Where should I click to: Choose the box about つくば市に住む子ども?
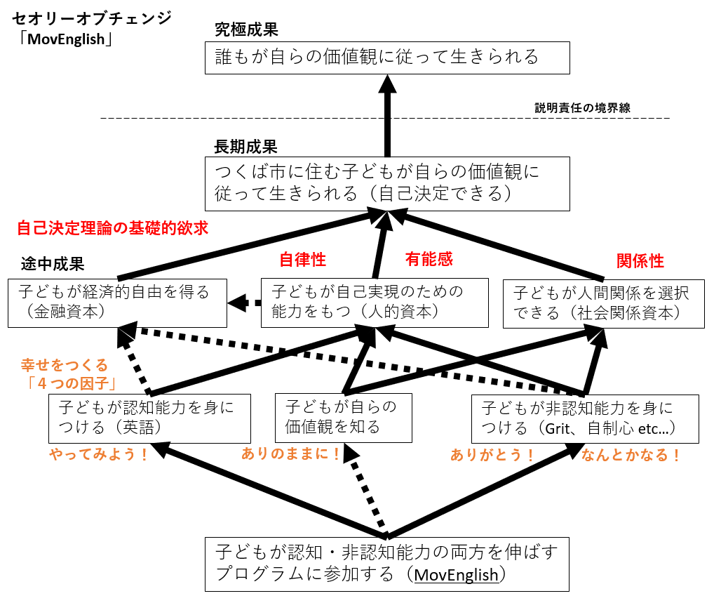(387, 183)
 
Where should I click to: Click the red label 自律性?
(302, 260)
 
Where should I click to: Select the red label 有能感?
(429, 260)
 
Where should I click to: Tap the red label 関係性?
(640, 261)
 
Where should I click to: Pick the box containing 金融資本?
(117, 303)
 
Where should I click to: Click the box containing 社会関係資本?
(603, 303)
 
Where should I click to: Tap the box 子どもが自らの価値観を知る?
(343, 417)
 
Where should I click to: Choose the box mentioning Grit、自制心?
(585, 418)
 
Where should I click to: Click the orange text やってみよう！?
(99, 454)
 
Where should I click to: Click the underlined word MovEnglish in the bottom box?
(456, 574)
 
